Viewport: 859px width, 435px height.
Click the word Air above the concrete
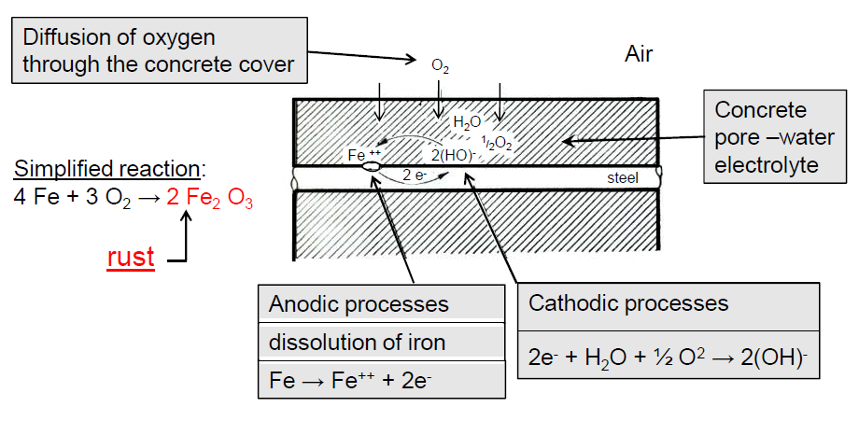[639, 54]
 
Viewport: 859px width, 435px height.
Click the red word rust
[132, 257]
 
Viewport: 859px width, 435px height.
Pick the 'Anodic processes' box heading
[359, 304]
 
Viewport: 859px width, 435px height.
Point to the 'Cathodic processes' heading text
[628, 303]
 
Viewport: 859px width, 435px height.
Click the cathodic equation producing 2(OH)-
[668, 358]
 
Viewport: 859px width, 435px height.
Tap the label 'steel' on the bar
[621, 176]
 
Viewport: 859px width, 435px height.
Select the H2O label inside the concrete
[467, 122]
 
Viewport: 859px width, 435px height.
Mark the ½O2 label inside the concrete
[497, 142]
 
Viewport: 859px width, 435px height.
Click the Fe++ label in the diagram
[364, 154]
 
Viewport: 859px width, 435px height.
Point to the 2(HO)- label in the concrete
[451, 155]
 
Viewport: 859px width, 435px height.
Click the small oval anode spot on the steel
[370, 167]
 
